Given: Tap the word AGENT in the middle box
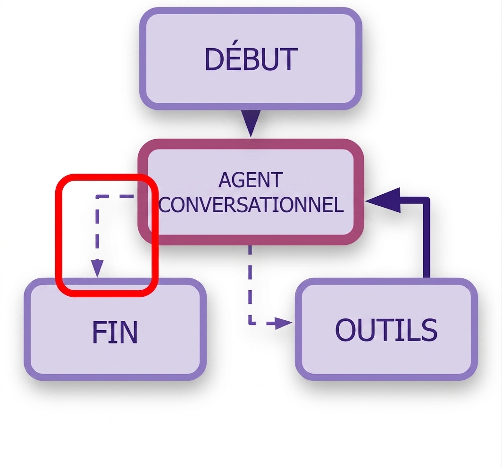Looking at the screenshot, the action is (x=251, y=180).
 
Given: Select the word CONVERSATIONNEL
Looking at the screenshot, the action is (x=251, y=205).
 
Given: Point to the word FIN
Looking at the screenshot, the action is (x=115, y=332).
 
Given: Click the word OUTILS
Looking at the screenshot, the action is (x=386, y=330).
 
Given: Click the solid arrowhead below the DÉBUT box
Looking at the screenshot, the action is (x=251, y=124).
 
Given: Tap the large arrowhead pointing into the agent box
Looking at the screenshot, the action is (x=383, y=201).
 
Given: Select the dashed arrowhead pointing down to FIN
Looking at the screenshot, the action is (x=97, y=268).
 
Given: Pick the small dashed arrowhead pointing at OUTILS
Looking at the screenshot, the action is (x=284, y=323).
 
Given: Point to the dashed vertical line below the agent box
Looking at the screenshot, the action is (x=250, y=284).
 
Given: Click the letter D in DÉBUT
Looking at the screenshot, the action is (x=214, y=59).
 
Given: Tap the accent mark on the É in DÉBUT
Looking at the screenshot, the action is (x=236, y=42).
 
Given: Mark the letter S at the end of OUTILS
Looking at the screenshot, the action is (x=429, y=330).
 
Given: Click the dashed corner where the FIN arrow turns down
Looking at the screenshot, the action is (x=97, y=197).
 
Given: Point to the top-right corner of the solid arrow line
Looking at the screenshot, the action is (x=427, y=201).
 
